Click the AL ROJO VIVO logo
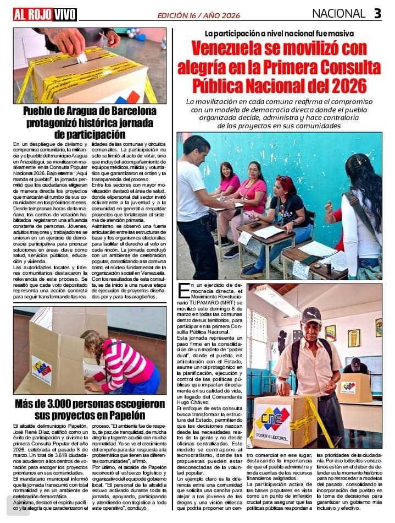pos(45,14)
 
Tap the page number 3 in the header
pos(377,14)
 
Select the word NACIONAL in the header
pos(339,14)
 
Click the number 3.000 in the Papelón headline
pos(60,404)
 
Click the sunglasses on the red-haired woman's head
pos(285,180)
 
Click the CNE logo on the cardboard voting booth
pos(41,368)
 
